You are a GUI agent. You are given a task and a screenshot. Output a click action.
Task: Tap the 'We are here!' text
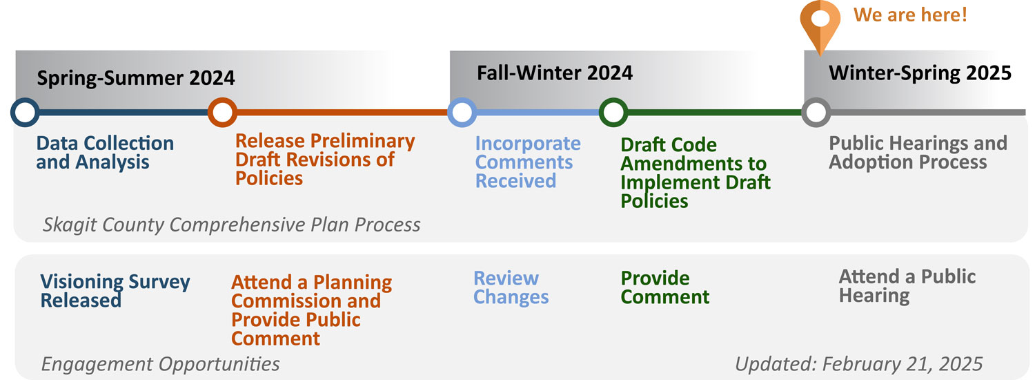pyautogui.click(x=910, y=15)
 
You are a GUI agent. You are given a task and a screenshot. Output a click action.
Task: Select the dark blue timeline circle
pyautogui.click(x=25, y=112)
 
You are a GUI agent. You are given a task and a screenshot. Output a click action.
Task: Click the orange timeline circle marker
pyautogui.click(x=222, y=112)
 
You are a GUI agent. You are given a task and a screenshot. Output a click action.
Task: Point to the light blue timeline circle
pyautogui.click(x=462, y=112)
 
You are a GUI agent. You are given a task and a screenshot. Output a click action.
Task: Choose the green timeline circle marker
pyautogui.click(x=613, y=112)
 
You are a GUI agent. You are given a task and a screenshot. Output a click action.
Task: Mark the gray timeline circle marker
pyautogui.click(x=816, y=112)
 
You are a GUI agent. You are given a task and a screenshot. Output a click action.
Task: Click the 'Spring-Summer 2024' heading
pyautogui.click(x=136, y=77)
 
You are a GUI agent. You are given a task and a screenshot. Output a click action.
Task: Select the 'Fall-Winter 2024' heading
pyautogui.click(x=555, y=73)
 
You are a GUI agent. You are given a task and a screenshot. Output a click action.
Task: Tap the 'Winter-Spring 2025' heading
pyautogui.click(x=920, y=73)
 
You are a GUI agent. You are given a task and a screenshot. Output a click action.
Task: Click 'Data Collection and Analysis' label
pyautogui.click(x=105, y=153)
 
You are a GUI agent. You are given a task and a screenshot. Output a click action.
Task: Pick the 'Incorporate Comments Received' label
pyautogui.click(x=528, y=162)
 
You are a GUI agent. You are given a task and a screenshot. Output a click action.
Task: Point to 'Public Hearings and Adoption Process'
pyautogui.click(x=918, y=153)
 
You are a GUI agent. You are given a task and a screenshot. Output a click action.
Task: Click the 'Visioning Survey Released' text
pyautogui.click(x=115, y=291)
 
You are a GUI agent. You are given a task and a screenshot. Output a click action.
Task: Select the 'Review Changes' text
pyautogui.click(x=511, y=287)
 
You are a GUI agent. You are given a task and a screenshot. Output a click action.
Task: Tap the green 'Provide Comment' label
pyautogui.click(x=665, y=287)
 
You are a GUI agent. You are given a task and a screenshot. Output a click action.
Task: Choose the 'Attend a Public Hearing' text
pyautogui.click(x=907, y=286)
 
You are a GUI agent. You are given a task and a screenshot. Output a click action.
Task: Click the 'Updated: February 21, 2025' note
pyautogui.click(x=859, y=364)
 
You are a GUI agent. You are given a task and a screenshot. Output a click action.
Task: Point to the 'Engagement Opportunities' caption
pyautogui.click(x=160, y=364)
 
